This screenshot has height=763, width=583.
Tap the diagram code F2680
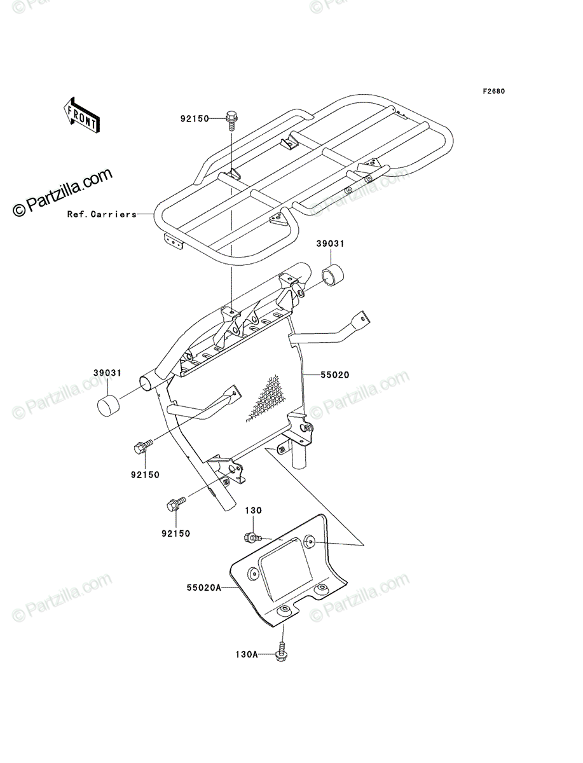pyautogui.click(x=494, y=92)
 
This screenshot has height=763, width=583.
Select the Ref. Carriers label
pyautogui.click(x=102, y=214)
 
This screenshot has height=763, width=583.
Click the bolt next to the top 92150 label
pyautogui.click(x=231, y=121)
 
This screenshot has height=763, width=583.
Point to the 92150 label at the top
pyautogui.click(x=195, y=119)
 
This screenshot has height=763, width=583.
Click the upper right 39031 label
pyautogui.click(x=330, y=244)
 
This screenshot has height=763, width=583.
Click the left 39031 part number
pyautogui.click(x=107, y=373)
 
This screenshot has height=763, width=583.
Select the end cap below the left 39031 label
pyautogui.click(x=107, y=406)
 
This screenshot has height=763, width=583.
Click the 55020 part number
pyautogui.click(x=335, y=375)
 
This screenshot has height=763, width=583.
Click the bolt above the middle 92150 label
pyautogui.click(x=143, y=446)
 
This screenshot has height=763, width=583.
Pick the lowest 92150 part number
pyautogui.click(x=176, y=533)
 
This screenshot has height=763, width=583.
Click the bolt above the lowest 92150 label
pyautogui.click(x=176, y=504)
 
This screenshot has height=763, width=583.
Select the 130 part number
pyautogui.click(x=253, y=511)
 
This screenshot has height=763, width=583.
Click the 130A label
pyautogui.click(x=247, y=654)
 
